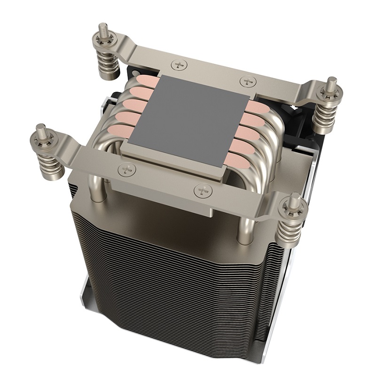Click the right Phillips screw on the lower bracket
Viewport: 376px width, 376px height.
click(x=201, y=190)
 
